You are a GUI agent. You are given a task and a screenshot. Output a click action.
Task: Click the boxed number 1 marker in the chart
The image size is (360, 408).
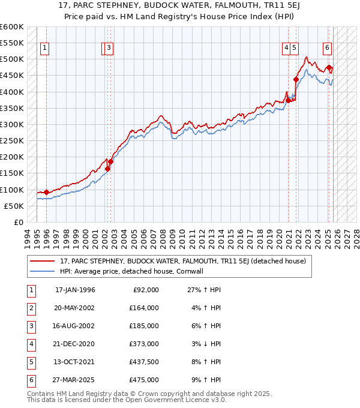pos(46,49)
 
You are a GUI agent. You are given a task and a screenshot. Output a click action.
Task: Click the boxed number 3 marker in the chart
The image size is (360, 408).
pos(109,49)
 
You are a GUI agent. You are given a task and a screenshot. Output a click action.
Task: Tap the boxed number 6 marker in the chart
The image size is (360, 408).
pos(327,49)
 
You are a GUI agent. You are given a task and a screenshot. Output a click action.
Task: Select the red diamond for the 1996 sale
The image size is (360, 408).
pos(47,192)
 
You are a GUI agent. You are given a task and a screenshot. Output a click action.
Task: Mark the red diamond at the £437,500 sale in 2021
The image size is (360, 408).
pos(296,79)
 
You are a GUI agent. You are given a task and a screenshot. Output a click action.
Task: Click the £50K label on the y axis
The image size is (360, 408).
pos(14,206)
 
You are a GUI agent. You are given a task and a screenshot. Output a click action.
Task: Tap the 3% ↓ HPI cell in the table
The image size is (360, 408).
pos(204,344)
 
